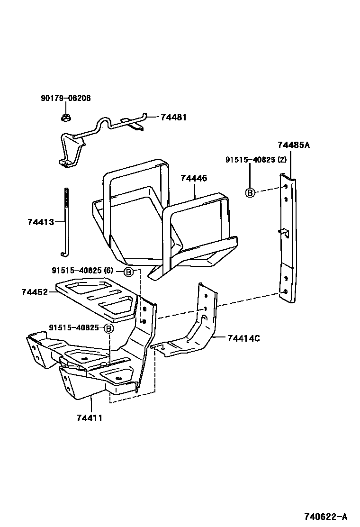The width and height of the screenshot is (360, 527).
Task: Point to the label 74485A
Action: (293, 145)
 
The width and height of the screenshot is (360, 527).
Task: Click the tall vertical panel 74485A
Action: (289, 237)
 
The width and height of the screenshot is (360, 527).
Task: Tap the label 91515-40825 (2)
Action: (256, 160)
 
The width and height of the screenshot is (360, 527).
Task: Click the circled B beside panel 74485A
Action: (250, 192)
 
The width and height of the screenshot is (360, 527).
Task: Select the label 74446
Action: (193, 178)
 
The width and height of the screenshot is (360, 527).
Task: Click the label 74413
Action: (41, 221)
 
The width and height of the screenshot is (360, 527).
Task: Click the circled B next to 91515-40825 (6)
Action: (128, 272)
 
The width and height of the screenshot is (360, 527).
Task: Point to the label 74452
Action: (35, 292)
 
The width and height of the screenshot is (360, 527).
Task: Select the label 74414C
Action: (243, 338)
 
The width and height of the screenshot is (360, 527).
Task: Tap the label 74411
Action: (89, 418)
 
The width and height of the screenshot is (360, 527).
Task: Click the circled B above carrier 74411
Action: (108, 329)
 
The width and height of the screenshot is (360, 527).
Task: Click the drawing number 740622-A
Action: (326, 516)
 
